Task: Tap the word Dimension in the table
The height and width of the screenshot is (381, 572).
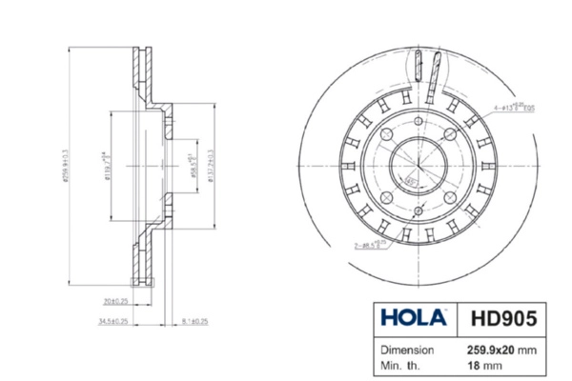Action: (x=408, y=350)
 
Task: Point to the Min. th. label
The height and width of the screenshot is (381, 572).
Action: (x=401, y=365)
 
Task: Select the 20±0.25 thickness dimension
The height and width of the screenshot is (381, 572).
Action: (x=115, y=303)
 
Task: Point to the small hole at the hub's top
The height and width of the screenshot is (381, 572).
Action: (x=418, y=122)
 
